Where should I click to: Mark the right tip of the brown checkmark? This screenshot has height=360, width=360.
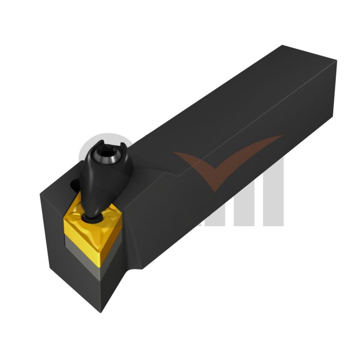point(281,137)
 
